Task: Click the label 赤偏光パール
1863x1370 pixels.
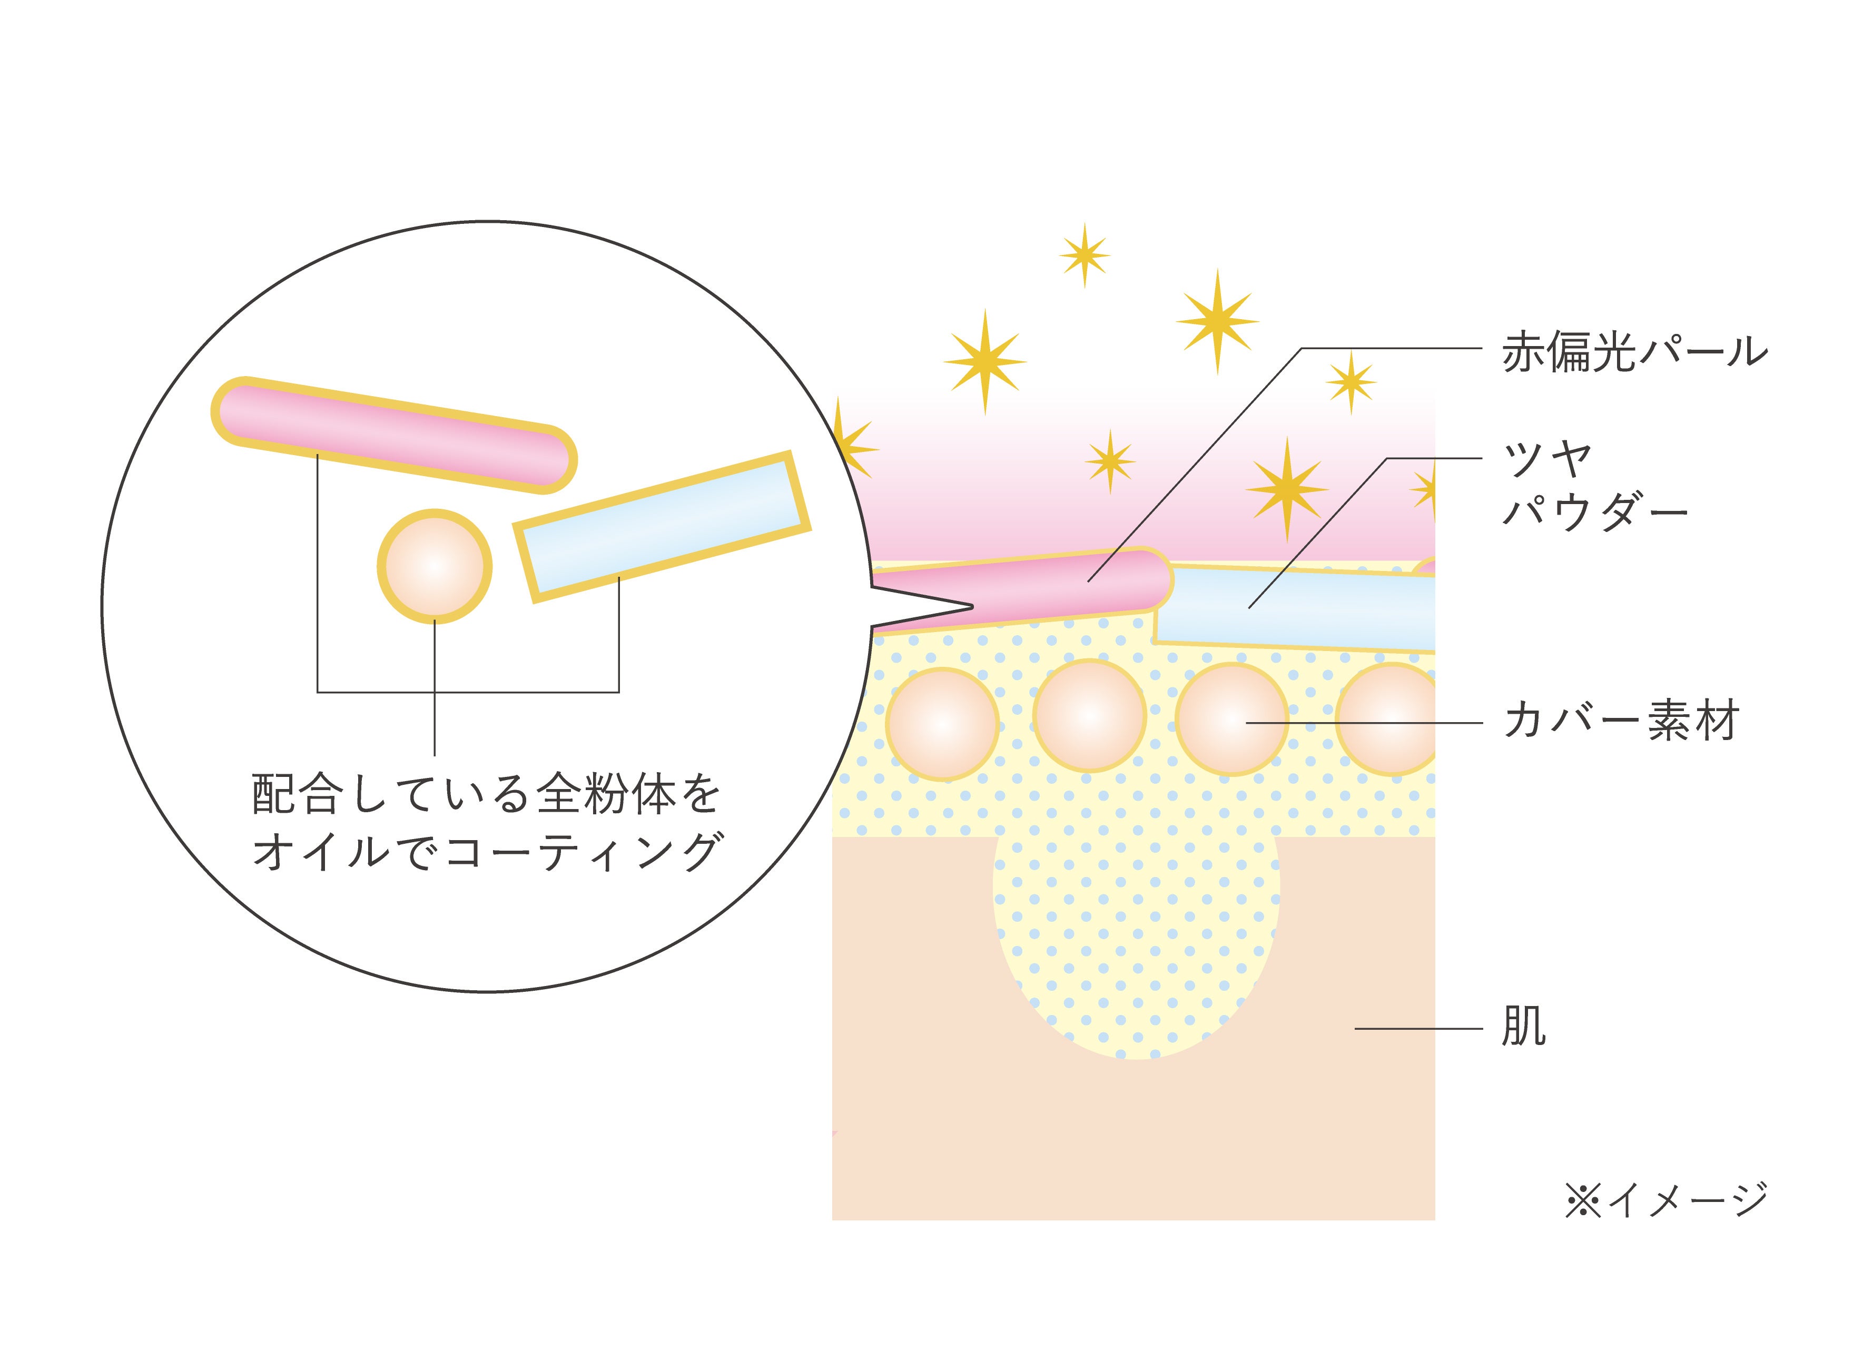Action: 1634,352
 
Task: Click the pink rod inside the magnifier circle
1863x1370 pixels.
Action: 394,435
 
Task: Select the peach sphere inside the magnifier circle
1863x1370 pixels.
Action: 435,566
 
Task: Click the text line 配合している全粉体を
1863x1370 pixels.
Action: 487,794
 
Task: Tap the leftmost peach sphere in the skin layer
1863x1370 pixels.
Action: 943,724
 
